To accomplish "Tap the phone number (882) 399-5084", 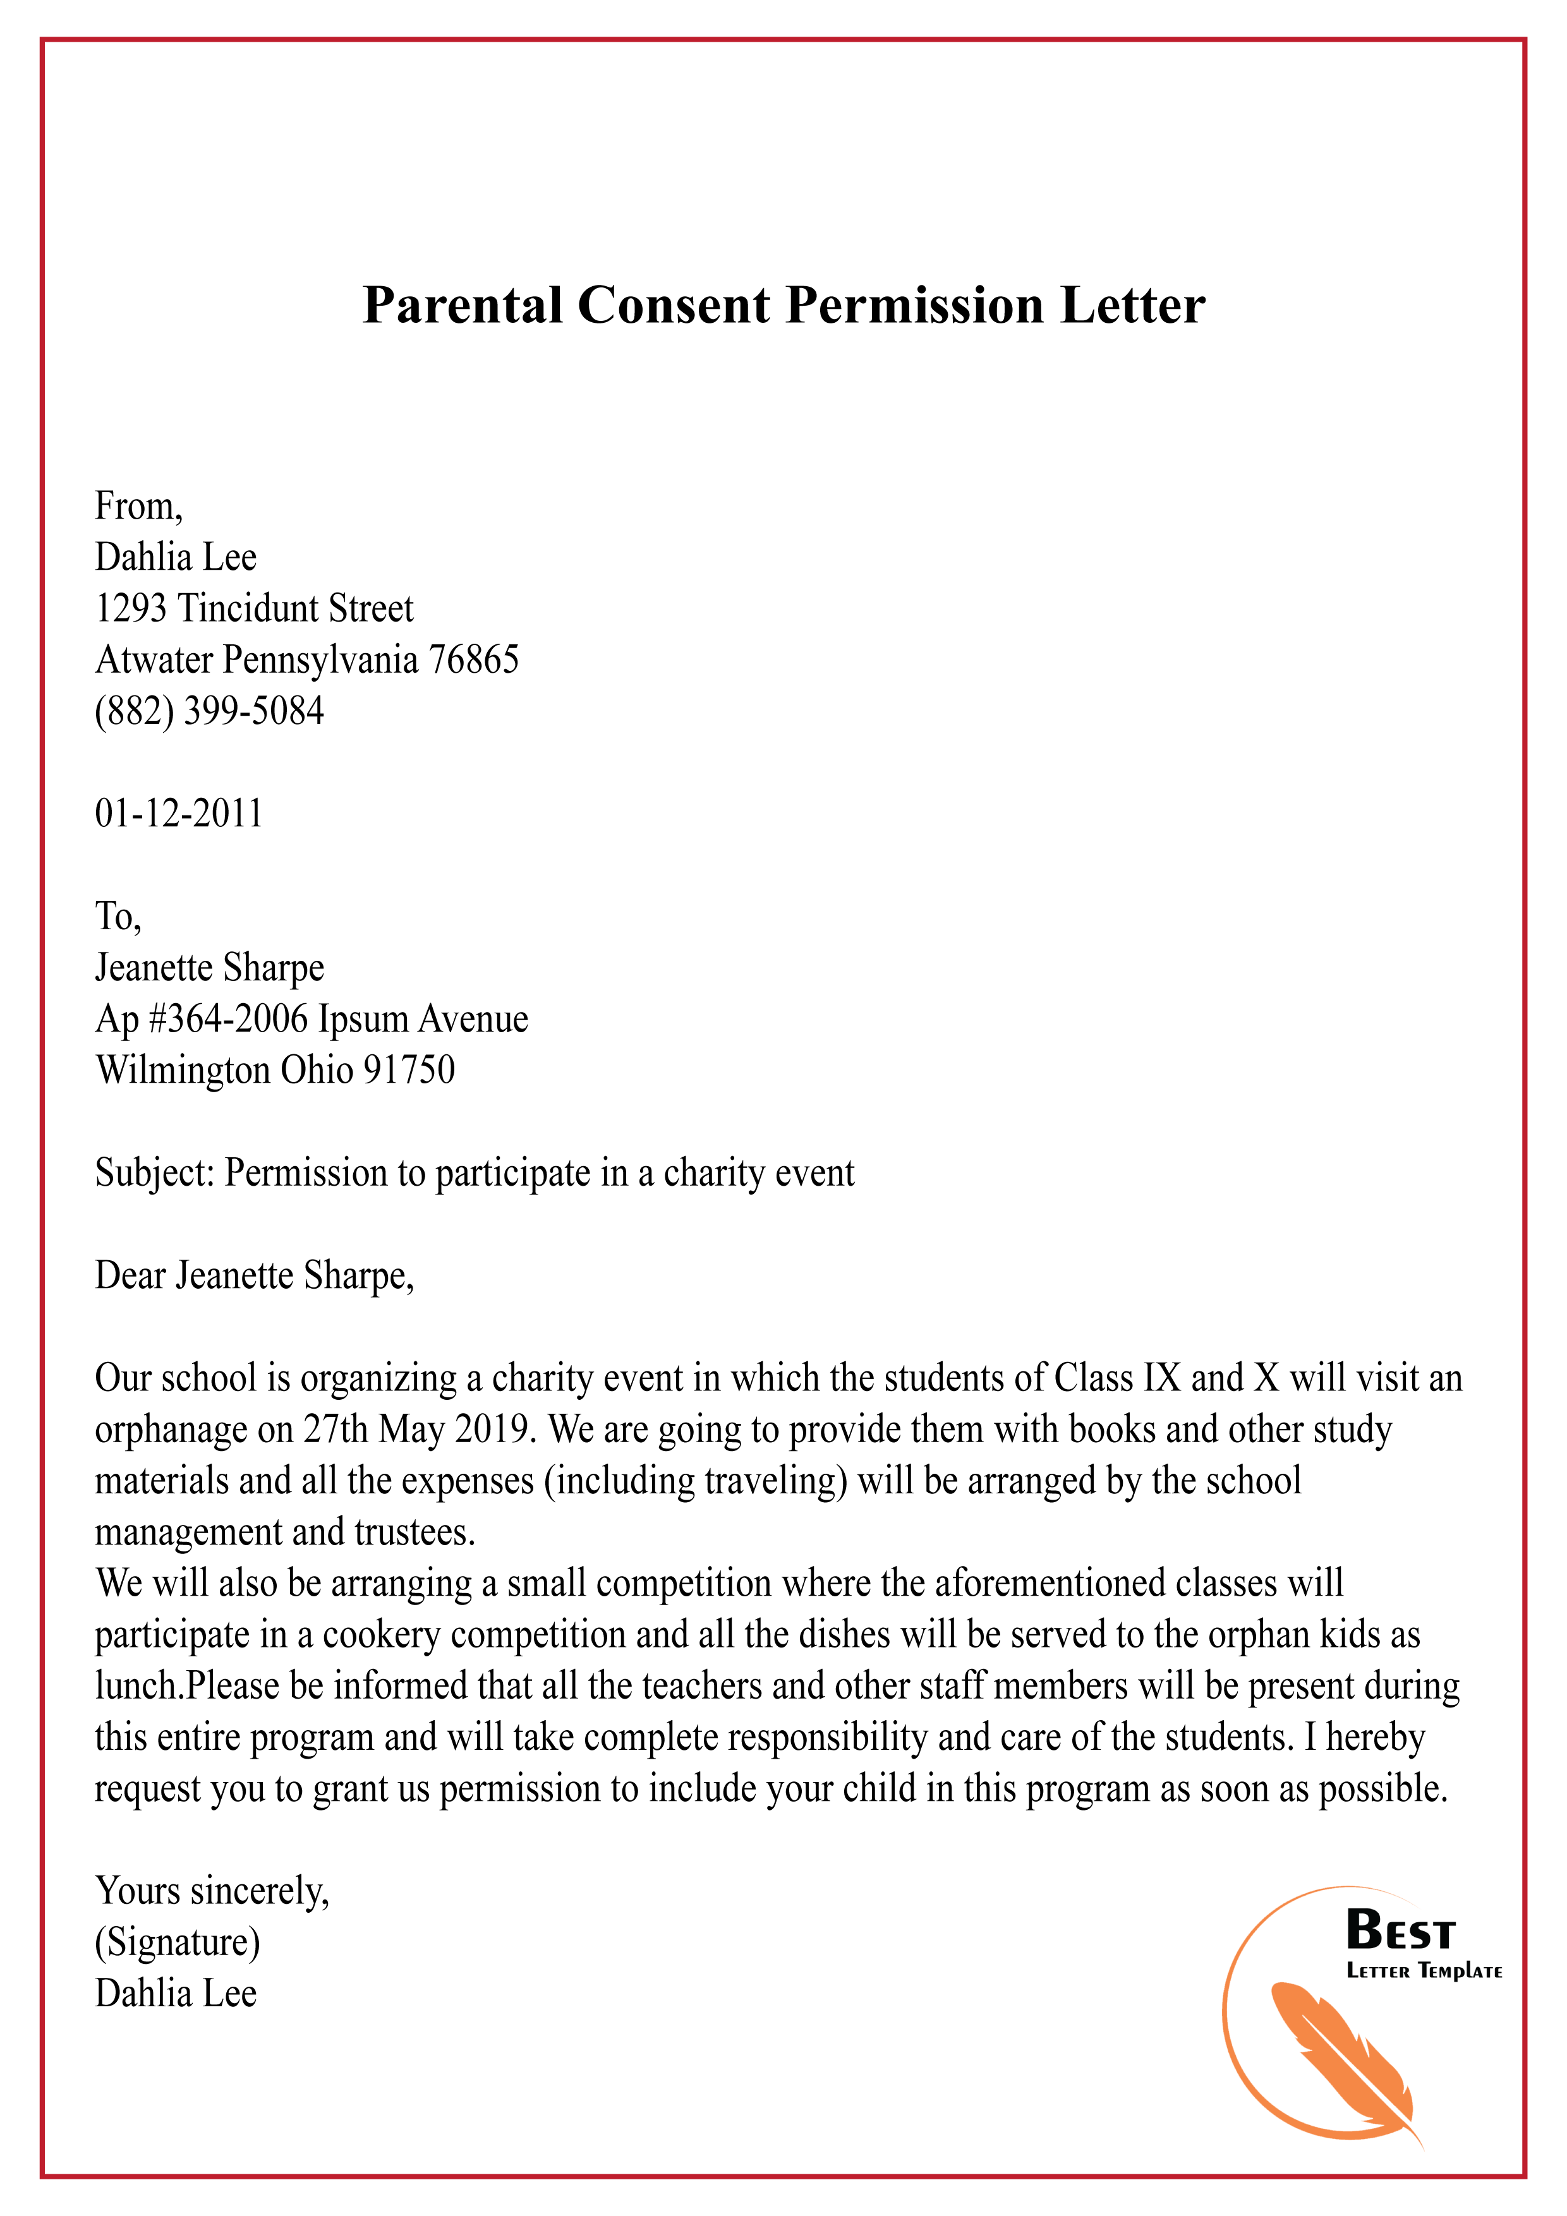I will tap(210, 711).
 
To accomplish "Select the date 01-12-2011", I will tap(179, 814).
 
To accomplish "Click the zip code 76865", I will tap(473, 660).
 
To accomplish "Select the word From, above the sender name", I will tap(139, 507).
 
